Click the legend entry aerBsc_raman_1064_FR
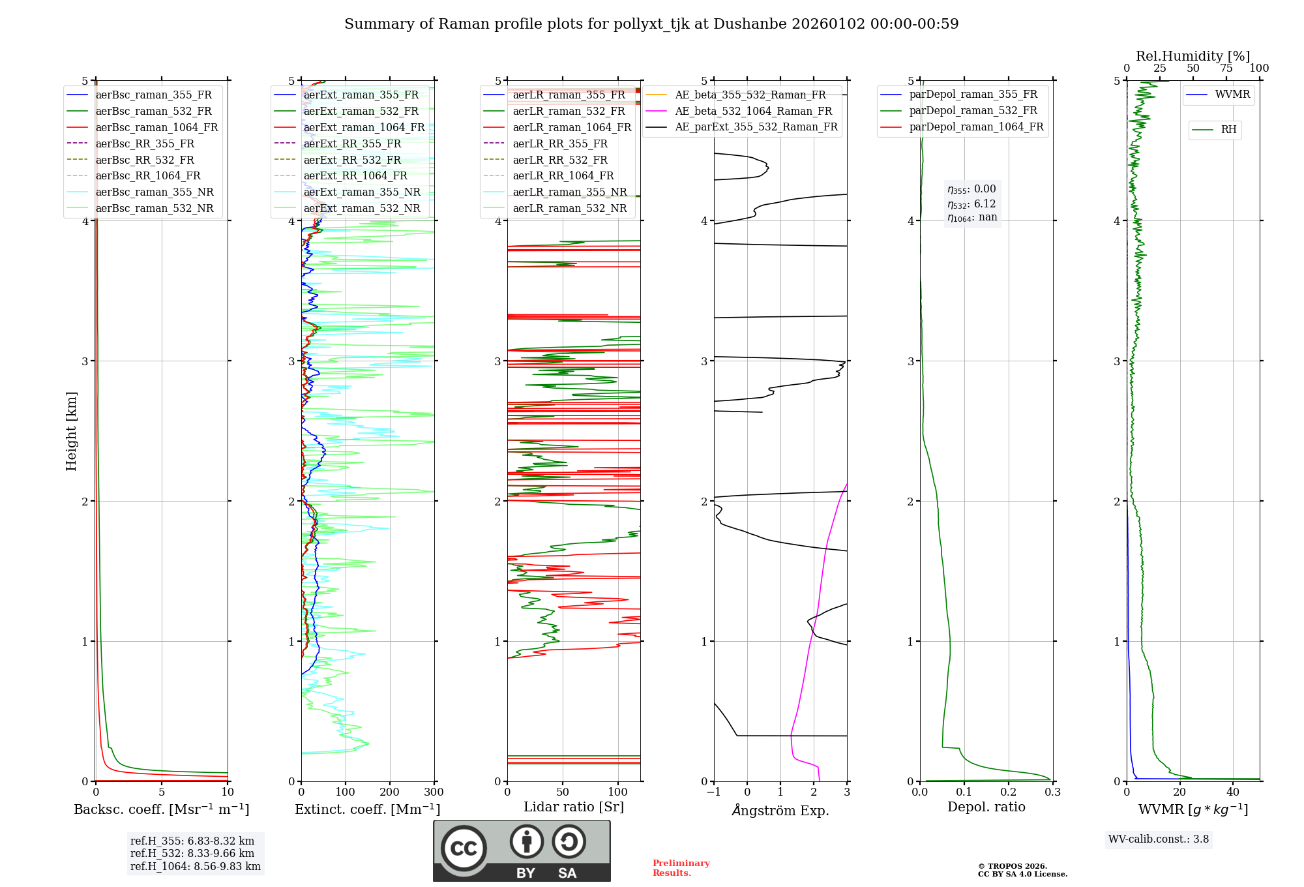tap(156, 128)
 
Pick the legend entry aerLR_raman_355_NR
tap(569, 192)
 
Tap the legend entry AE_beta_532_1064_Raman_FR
tap(753, 112)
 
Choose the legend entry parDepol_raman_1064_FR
tap(976, 127)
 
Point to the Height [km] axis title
tap(71, 431)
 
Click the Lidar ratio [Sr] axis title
tap(574, 807)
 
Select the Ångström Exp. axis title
tap(780, 811)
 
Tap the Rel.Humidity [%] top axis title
tap(1193, 56)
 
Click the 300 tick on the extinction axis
tap(434, 792)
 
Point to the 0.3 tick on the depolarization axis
tap(1052, 792)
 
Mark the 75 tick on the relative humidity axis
tap(1226, 68)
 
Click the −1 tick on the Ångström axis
tap(714, 792)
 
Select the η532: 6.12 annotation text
tap(971, 204)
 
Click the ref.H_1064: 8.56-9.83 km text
tap(196, 867)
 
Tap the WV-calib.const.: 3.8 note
tap(1159, 839)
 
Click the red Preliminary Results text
tap(681, 868)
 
